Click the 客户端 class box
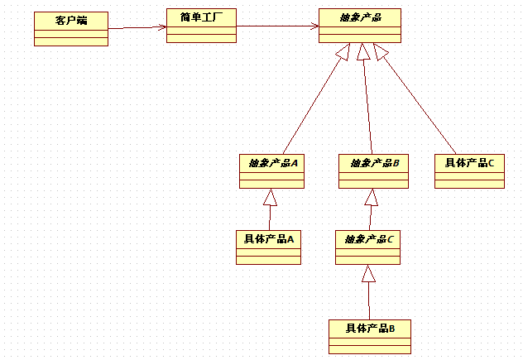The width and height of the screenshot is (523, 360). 70,29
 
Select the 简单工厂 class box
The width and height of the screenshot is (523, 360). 201,26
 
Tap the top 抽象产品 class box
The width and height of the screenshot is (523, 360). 360,26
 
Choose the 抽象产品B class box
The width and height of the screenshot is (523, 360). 373,171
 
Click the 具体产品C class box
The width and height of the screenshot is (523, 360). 469,171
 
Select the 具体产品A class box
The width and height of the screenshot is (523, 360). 268,247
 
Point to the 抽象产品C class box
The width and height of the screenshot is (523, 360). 367,247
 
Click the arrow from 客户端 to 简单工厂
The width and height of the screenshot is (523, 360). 137,28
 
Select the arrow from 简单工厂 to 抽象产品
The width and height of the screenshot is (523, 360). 278,26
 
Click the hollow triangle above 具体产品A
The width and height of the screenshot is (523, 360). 270,197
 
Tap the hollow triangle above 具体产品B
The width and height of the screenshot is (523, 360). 369,274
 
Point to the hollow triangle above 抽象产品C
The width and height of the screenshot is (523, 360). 372,197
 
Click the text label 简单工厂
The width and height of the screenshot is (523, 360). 201,17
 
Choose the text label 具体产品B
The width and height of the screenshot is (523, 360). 369,329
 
